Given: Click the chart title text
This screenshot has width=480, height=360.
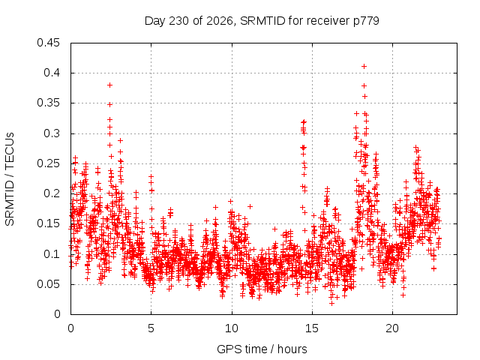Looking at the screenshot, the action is click(x=262, y=21).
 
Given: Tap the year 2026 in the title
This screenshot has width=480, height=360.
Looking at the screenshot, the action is click(x=220, y=21).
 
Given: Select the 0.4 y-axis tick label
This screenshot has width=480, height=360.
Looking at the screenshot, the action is click(x=52, y=73).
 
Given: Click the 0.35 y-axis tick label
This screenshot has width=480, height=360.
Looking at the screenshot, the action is click(x=48, y=103).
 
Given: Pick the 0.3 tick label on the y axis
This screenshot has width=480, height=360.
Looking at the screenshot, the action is click(x=52, y=133).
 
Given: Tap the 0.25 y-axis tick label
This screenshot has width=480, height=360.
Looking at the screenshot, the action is click(x=48, y=163).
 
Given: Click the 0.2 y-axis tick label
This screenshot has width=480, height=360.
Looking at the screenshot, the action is click(x=52, y=193).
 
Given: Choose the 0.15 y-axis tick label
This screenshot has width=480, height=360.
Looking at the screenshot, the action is click(x=48, y=223).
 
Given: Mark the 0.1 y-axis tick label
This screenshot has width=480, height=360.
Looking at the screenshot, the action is click(x=52, y=254).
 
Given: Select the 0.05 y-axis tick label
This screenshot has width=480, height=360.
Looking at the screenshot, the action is click(x=48, y=284).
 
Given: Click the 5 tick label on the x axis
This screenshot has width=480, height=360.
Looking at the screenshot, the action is click(x=151, y=328).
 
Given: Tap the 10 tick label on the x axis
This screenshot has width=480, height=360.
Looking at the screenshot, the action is click(x=232, y=328).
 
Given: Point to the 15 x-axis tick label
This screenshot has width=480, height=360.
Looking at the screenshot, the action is click(x=312, y=328).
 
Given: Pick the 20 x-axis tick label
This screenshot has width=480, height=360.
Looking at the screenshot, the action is click(x=392, y=328).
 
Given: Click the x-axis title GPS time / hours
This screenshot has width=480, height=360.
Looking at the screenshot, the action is click(x=262, y=349).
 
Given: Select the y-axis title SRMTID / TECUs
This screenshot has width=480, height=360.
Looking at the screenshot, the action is click(x=10, y=179).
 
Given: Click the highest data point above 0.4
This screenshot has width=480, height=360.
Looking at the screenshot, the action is click(x=364, y=67).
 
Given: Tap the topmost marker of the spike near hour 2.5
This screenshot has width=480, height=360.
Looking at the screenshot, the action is click(x=110, y=85).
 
